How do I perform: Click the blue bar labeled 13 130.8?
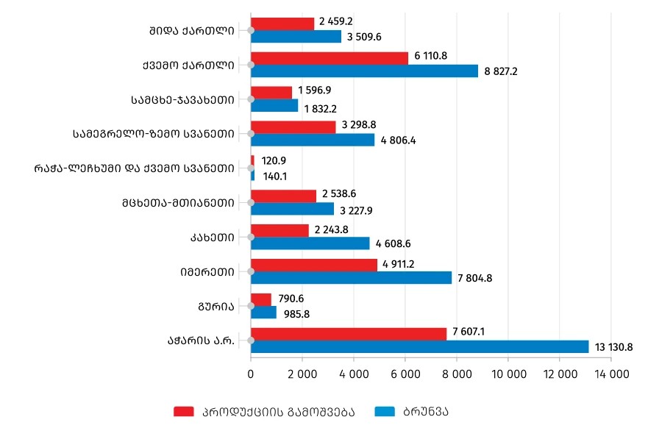(419, 346)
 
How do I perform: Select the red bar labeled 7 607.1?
(349, 334)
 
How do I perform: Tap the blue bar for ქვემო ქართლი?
(364, 71)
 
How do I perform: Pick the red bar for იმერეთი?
(314, 265)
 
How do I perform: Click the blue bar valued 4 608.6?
(310, 243)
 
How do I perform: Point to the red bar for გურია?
(261, 299)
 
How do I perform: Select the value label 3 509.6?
(365, 37)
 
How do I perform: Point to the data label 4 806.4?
(399, 140)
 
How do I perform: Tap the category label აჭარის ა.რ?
(202, 340)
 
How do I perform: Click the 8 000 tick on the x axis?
(456, 374)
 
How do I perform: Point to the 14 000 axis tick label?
(610, 374)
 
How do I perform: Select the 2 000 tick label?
(302, 374)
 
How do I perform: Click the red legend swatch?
(183, 411)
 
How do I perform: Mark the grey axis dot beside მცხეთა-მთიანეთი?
(251, 202)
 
